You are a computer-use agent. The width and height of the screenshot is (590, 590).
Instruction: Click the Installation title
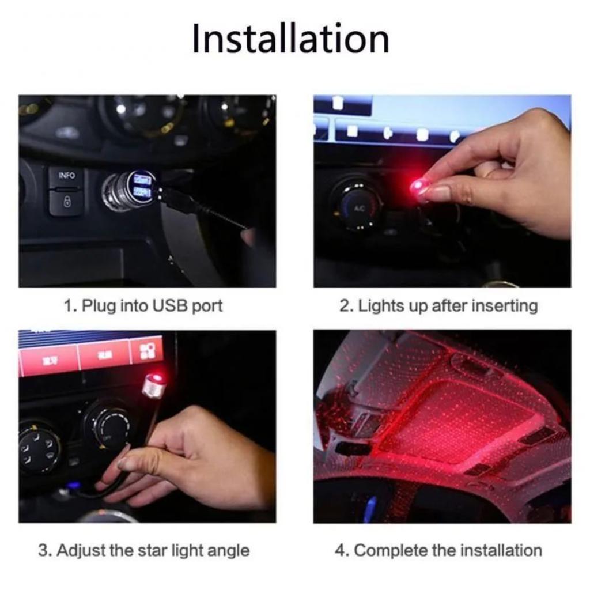(x=290, y=39)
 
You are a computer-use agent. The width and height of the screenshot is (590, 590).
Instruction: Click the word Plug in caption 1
(x=99, y=305)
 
